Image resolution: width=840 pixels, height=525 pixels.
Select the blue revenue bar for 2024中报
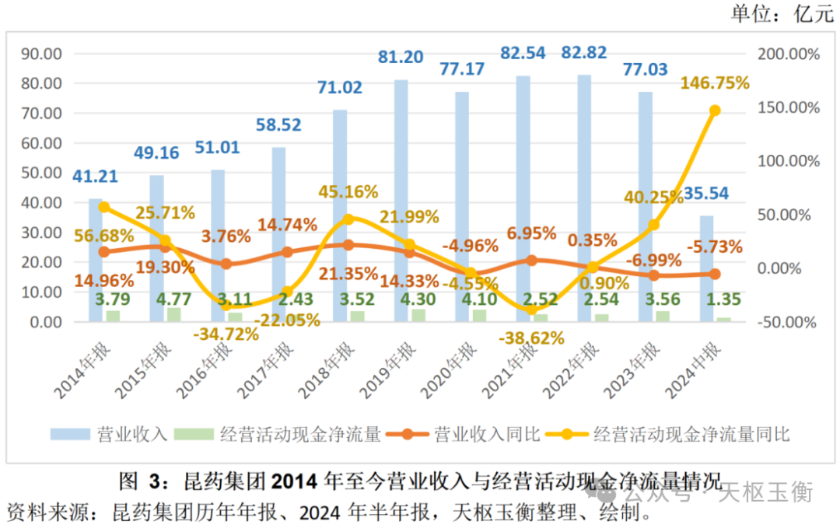[x=706, y=268]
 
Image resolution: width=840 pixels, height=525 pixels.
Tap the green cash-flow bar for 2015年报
[x=174, y=314]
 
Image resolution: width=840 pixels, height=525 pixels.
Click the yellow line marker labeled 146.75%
[x=715, y=110]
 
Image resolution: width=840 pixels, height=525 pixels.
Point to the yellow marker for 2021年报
[x=531, y=310]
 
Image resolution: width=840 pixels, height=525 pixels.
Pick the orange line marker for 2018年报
[x=348, y=245]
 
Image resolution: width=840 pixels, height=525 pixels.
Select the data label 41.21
[x=95, y=176]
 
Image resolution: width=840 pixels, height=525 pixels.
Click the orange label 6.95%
[x=531, y=233]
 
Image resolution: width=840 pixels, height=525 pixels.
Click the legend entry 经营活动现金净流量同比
[x=691, y=434]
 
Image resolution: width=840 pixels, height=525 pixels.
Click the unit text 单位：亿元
[x=781, y=14]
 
